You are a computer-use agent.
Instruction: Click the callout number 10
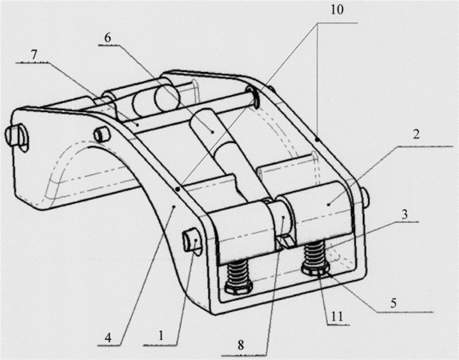(337, 10)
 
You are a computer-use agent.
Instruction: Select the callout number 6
(108, 38)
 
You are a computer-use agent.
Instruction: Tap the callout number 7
(34, 55)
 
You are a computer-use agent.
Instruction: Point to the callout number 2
(417, 134)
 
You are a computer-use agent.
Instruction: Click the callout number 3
(405, 214)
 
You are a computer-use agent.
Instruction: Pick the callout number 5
(393, 303)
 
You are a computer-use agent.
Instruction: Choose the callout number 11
(337, 316)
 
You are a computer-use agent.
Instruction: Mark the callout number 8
(241, 345)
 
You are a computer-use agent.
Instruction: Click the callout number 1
(161, 336)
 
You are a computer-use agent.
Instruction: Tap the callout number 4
(108, 338)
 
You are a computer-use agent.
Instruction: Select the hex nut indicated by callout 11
(316, 270)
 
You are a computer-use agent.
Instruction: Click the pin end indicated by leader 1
(193, 241)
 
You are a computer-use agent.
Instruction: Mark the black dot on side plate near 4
(178, 190)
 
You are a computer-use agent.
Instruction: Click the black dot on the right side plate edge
(318, 141)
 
